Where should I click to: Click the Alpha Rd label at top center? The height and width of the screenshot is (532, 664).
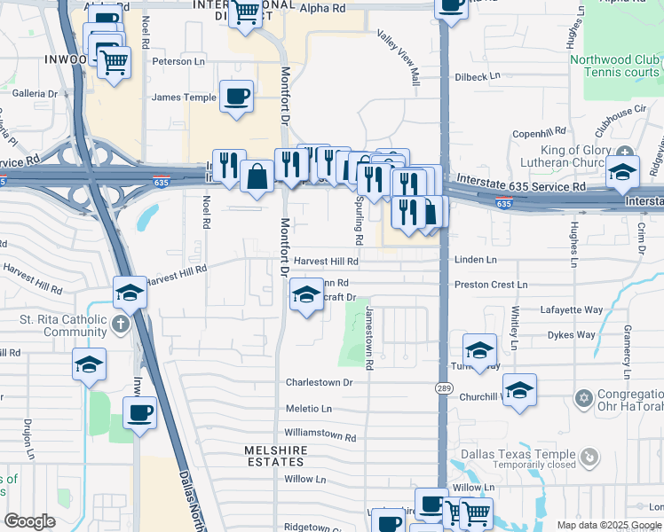(x=327, y=8)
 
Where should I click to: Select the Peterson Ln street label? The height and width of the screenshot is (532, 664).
(x=178, y=62)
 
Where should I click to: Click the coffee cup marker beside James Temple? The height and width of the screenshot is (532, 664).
(x=236, y=97)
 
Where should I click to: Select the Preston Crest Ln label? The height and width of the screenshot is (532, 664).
(x=490, y=285)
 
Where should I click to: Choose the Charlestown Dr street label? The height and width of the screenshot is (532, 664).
(x=319, y=383)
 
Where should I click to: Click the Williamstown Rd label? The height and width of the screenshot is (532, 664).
(x=320, y=437)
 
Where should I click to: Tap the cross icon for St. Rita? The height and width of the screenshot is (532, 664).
(x=121, y=325)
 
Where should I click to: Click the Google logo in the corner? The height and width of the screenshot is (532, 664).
(x=29, y=521)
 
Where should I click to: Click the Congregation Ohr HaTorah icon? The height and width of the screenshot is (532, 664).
(x=583, y=396)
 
